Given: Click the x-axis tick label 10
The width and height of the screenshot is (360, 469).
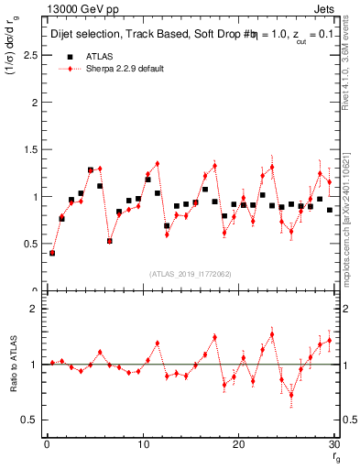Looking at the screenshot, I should pyautogui.click(x=142, y=444).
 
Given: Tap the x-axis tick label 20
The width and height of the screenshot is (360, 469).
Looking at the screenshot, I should pyautogui.click(x=238, y=444).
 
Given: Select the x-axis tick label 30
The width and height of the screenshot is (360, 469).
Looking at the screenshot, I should pyautogui.click(x=333, y=444).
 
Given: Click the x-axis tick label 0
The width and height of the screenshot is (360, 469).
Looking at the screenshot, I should pyautogui.click(x=47, y=444).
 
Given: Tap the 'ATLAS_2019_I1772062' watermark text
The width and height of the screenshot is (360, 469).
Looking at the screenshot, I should pyautogui.click(x=190, y=273).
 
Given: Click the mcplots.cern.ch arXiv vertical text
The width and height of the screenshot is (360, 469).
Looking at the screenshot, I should pyautogui.click(x=351, y=220).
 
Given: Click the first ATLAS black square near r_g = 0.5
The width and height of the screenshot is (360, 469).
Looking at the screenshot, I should pyautogui.click(x=52, y=253).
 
